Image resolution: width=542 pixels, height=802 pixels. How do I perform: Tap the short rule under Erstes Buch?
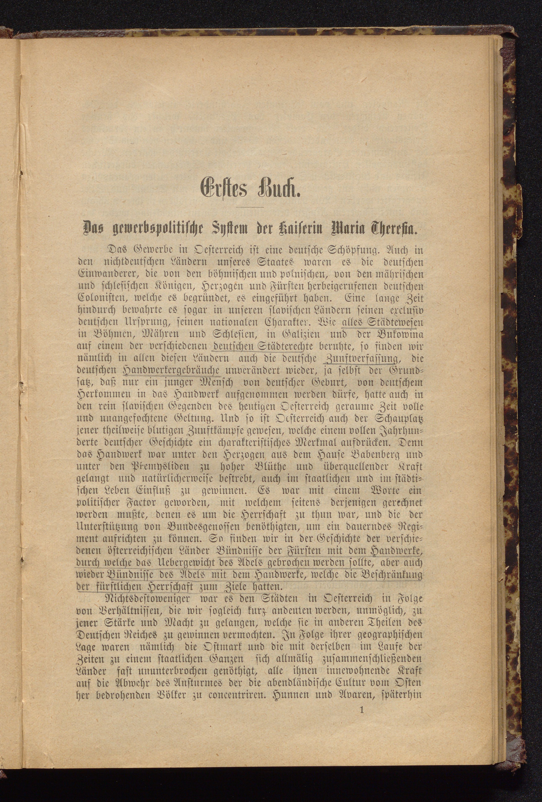pyautogui.click(x=249, y=207)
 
